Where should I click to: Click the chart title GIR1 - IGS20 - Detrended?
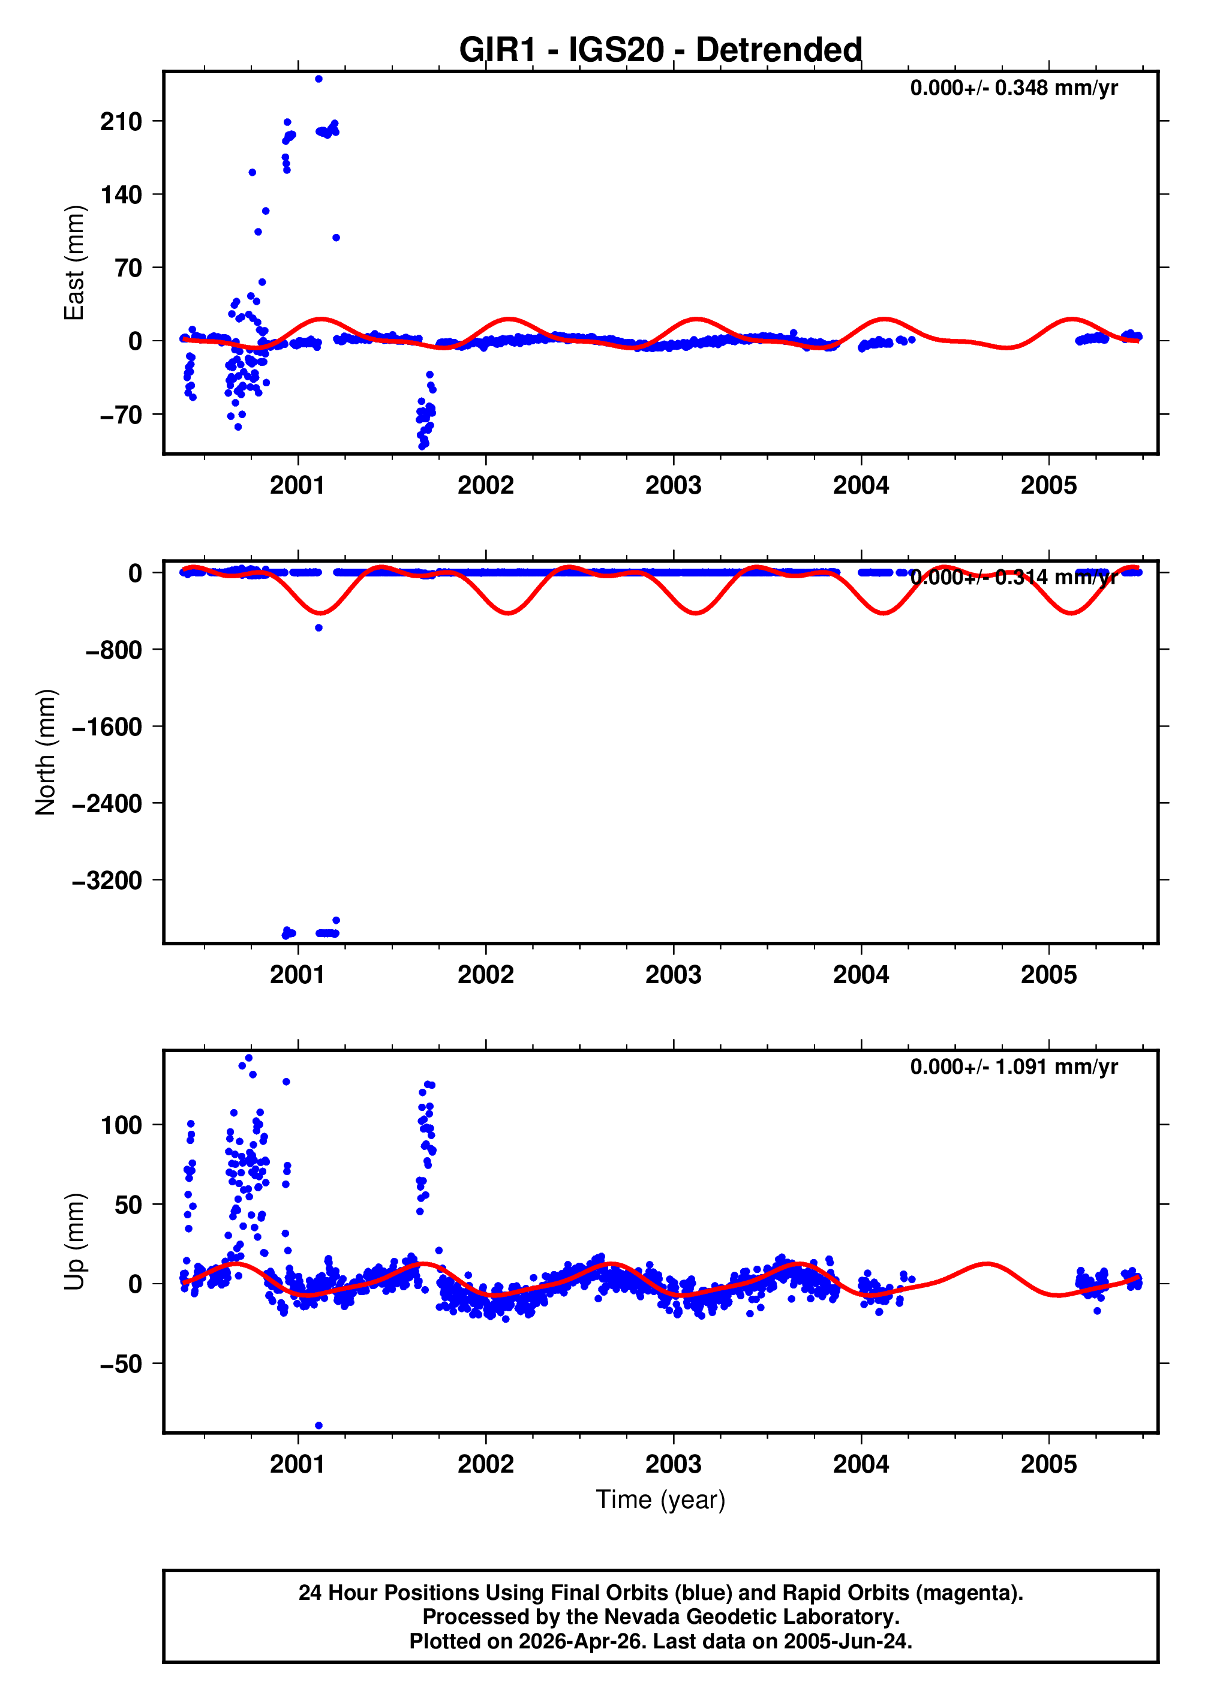pyautogui.click(x=660, y=50)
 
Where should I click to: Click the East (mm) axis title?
pyautogui.click(x=74, y=263)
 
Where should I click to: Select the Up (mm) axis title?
pyautogui.click(x=74, y=1242)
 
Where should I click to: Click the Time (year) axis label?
pyautogui.click(x=660, y=1500)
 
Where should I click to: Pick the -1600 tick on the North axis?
pyautogui.click(x=107, y=727)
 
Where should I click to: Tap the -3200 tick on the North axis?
pyautogui.click(x=107, y=881)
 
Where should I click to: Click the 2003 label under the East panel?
pyautogui.click(x=673, y=485)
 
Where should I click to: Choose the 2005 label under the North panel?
pyautogui.click(x=1048, y=974)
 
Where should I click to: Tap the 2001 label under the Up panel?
pyautogui.click(x=298, y=1464)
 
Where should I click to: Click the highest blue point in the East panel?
pyautogui.click(x=318, y=79)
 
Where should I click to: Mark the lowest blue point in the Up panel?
pyautogui.click(x=319, y=1425)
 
